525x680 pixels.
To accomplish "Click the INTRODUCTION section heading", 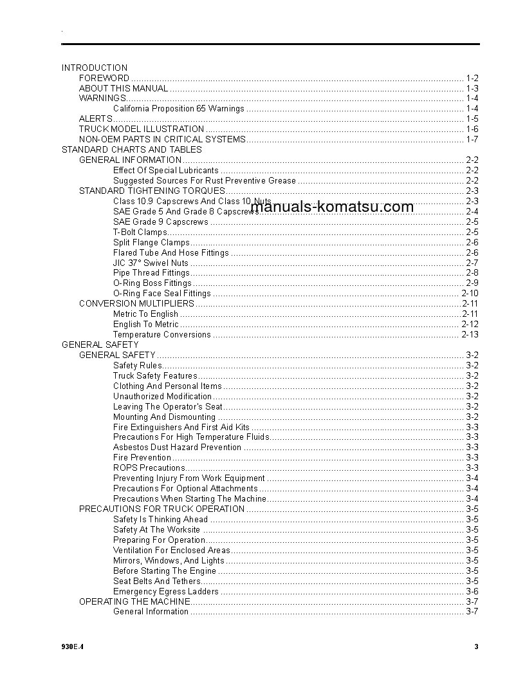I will click(x=95, y=68).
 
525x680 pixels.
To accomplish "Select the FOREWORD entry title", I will click(x=104, y=78).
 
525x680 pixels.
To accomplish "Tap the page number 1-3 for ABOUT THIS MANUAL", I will click(x=472, y=88).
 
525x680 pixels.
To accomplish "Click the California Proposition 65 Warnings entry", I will click(x=179, y=109).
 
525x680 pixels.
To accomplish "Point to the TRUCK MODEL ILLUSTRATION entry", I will click(x=142, y=129).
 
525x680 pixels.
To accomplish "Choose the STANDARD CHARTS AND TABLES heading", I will click(x=132, y=149).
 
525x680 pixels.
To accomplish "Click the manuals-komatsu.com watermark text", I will click(x=332, y=207).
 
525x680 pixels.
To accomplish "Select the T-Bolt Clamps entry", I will click(x=140, y=232).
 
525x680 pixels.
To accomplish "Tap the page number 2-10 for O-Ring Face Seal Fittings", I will click(x=470, y=294).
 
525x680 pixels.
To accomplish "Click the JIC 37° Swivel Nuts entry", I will click(x=151, y=263).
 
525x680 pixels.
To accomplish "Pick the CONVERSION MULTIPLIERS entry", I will click(x=136, y=303).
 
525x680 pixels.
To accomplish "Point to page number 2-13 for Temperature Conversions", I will click(x=470, y=335).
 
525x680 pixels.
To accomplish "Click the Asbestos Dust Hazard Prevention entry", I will click(x=178, y=448).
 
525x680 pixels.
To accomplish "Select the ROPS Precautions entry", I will click(x=149, y=468).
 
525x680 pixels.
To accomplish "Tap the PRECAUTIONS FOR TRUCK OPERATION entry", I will click(x=161, y=509).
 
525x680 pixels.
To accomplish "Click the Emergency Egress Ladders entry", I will click(x=167, y=591).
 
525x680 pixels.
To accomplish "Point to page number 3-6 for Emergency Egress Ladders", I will click(x=472, y=591).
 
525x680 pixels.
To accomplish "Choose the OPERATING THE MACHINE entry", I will click(x=134, y=601).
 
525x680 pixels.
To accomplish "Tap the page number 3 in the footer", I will click(x=476, y=647).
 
